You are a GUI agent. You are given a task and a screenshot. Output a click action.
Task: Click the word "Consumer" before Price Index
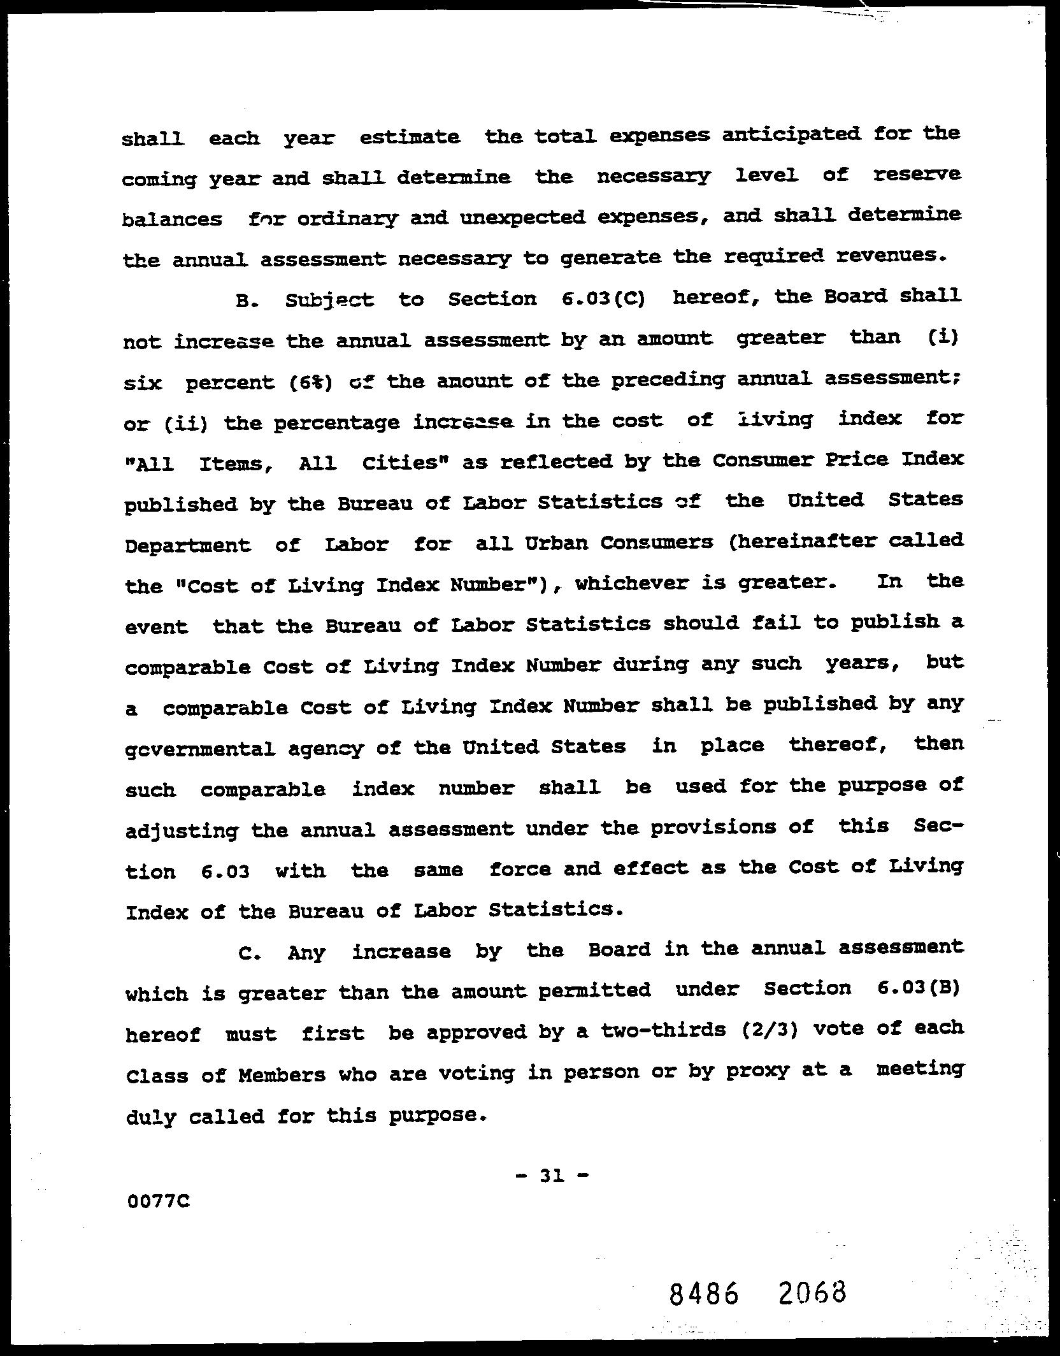click(x=762, y=459)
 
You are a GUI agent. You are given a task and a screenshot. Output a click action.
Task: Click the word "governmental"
click(x=201, y=748)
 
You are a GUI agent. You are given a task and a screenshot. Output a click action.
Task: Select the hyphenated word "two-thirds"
click(x=661, y=1031)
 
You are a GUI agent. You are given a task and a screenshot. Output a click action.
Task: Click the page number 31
click(x=552, y=1176)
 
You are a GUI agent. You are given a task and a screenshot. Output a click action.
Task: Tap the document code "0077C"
click(x=159, y=1202)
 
